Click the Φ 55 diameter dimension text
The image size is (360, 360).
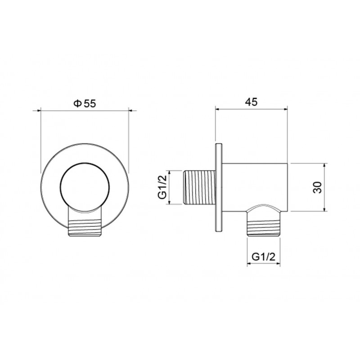click(85, 104)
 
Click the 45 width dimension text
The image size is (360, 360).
click(251, 102)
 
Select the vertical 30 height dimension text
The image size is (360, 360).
click(318, 187)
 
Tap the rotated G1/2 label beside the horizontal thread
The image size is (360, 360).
click(162, 187)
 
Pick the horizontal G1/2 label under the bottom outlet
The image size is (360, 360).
click(263, 257)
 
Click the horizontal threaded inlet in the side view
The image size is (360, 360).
click(200, 187)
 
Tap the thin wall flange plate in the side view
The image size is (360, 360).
click(219, 187)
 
